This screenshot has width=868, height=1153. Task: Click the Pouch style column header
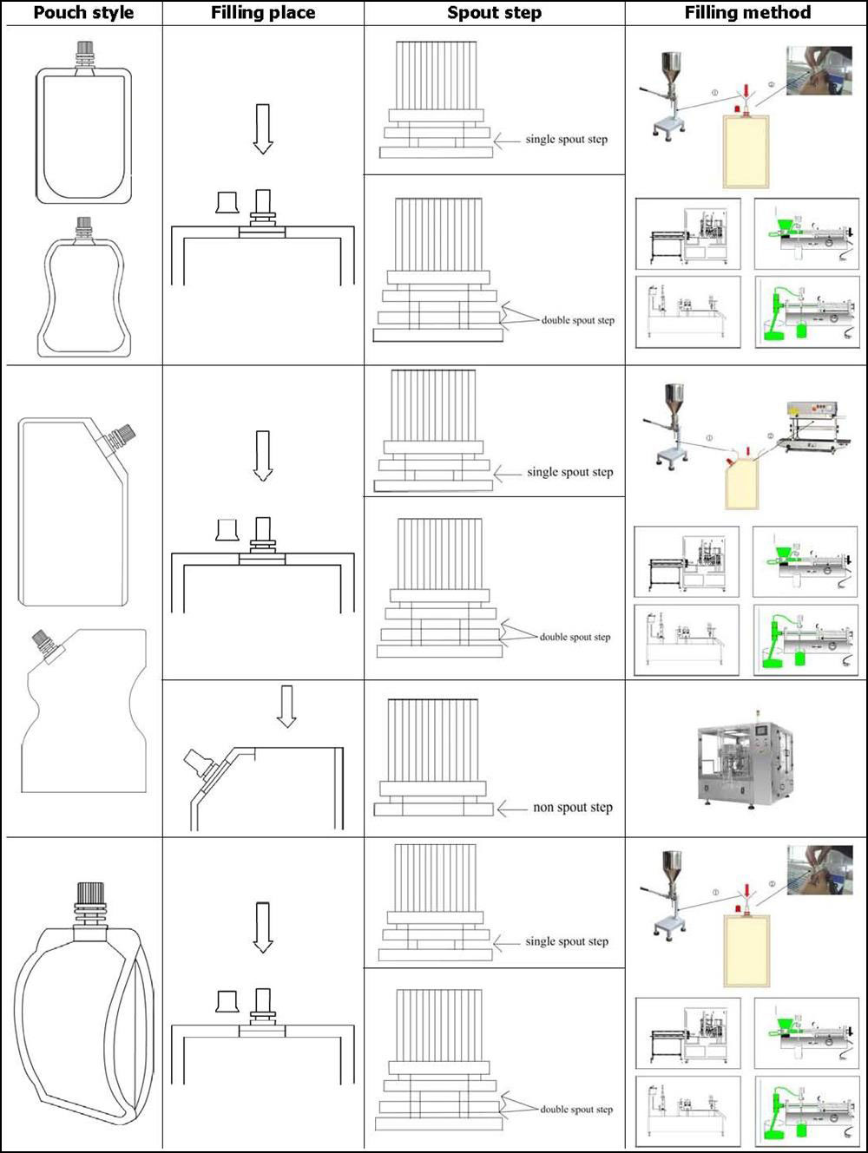pos(83,13)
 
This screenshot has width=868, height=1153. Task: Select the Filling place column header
pos(263,13)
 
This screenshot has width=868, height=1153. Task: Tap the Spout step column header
pos(494,13)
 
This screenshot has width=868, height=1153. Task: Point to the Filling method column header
pos(747,13)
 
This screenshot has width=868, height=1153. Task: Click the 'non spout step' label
pos(572,808)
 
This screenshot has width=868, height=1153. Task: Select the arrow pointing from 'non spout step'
pos(512,809)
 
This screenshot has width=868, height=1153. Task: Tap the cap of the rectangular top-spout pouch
pos(84,48)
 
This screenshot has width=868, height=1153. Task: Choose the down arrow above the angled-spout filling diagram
pos(286,706)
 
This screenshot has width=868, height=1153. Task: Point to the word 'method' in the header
pos(778,13)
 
